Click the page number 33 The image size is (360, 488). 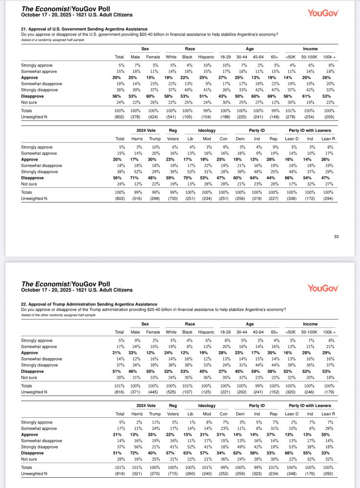pos(336,237)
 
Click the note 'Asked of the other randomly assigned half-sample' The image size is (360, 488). pos(58,315)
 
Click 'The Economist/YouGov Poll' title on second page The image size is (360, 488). pos(66,284)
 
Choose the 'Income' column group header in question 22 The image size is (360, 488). pos(310,324)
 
